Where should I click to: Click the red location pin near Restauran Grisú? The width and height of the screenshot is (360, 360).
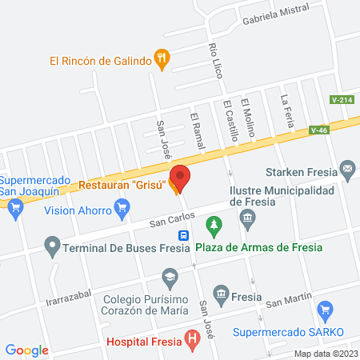180,175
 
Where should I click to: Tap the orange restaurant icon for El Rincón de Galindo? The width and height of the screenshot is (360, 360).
162,58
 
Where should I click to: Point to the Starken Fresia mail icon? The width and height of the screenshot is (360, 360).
347,170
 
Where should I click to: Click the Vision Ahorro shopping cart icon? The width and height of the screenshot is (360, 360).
122,210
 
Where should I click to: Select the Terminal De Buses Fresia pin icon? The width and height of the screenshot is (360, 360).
53,245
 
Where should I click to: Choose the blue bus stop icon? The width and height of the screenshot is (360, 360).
184,236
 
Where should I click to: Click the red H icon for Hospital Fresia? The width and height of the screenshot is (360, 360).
191,340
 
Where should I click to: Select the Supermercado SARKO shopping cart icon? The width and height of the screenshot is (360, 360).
325,310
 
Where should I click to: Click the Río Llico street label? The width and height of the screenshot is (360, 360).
214,60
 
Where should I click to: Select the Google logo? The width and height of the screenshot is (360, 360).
27,350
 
